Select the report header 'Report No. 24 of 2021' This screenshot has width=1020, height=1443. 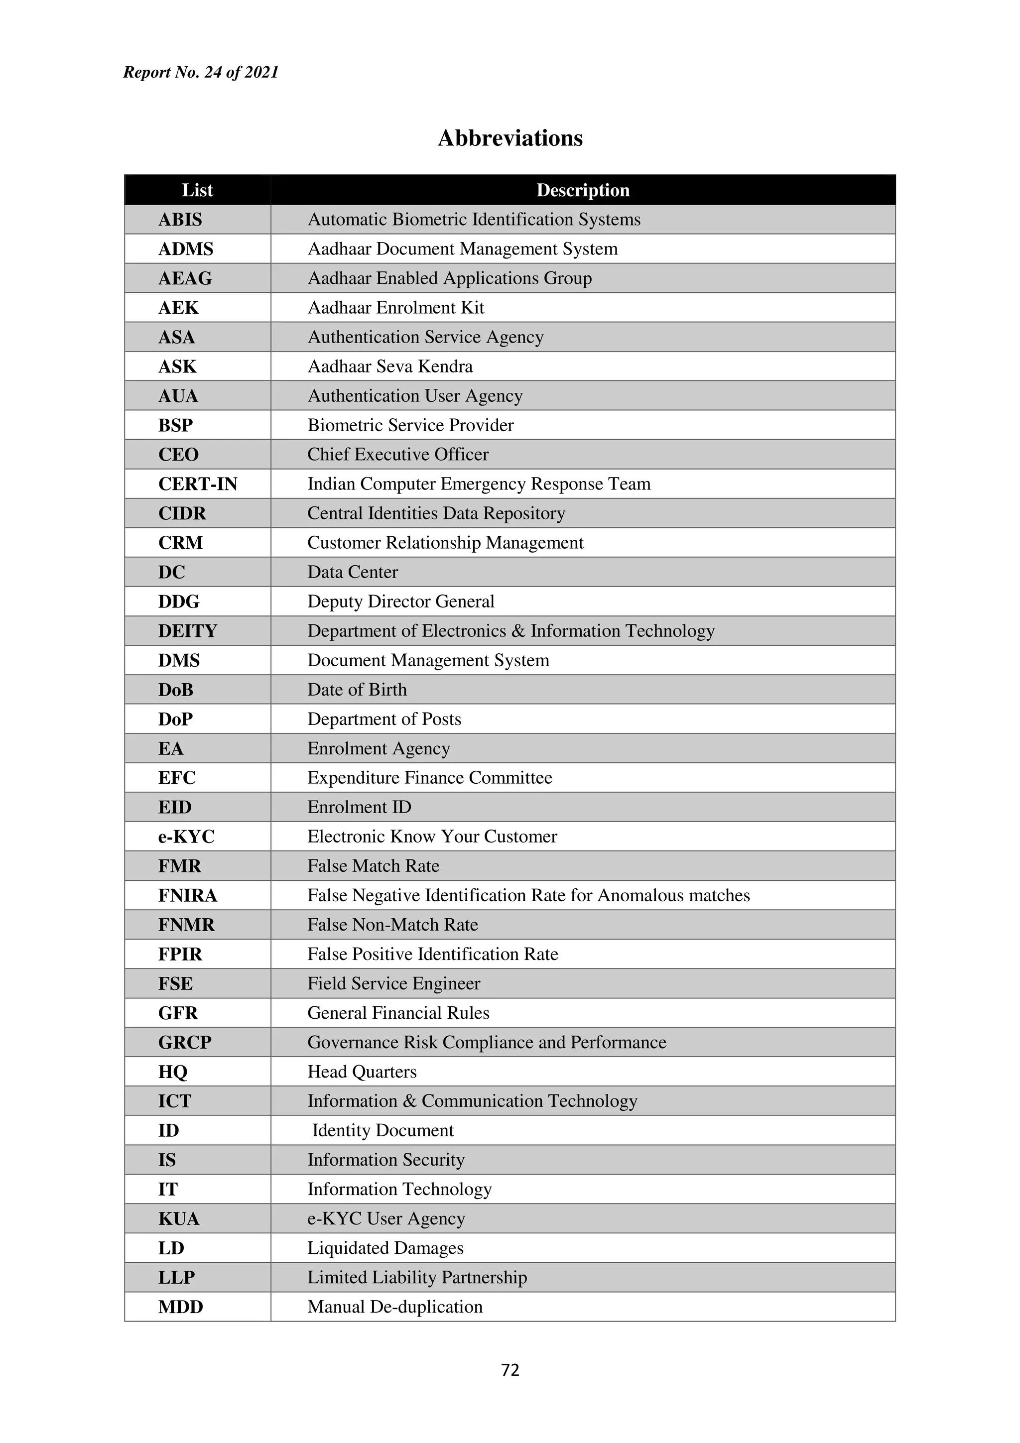201,72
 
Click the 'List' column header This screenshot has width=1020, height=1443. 197,190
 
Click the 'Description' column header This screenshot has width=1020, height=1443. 583,190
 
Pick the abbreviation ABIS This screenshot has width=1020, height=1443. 180,220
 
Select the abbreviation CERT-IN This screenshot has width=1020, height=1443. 197,484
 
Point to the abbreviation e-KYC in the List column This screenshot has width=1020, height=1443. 186,837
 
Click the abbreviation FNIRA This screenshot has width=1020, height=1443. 187,895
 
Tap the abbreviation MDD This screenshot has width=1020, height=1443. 180,1307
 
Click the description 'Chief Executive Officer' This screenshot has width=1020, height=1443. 398,455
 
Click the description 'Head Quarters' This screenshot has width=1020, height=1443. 362,1072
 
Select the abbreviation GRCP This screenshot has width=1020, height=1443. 185,1042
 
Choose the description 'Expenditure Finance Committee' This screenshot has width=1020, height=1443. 429,777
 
